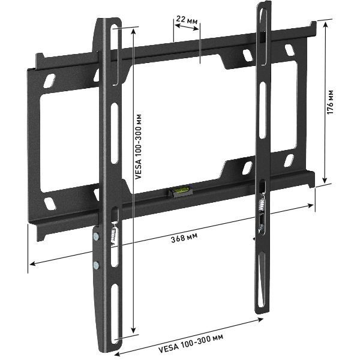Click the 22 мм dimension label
(x=186, y=19)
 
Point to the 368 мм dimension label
(x=184, y=238)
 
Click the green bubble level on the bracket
(x=178, y=191)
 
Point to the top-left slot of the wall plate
(x=52, y=78)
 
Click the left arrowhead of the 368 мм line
(x=31, y=262)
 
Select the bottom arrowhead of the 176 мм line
(x=325, y=181)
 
